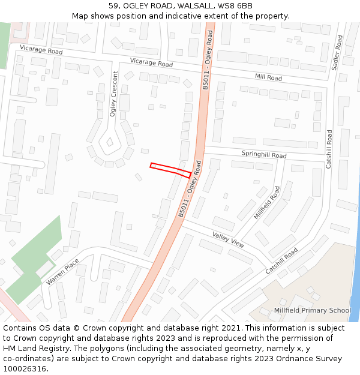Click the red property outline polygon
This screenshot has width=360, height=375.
(x=170, y=169)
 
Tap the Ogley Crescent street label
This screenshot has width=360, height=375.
(x=114, y=94)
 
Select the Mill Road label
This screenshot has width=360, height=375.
(x=268, y=77)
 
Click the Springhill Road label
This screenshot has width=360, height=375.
(x=264, y=154)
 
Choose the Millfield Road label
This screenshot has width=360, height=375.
(x=267, y=202)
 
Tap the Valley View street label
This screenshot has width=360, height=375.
(x=228, y=239)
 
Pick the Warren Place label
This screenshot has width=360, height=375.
(x=62, y=271)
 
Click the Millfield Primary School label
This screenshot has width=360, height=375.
(x=312, y=310)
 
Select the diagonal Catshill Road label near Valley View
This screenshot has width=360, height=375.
(x=281, y=261)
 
